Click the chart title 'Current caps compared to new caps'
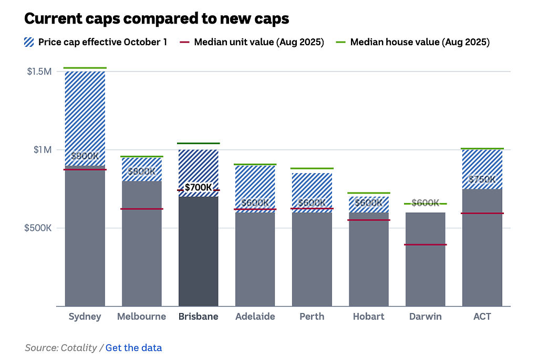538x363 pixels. pos(157,18)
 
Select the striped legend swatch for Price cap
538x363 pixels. pos(29,42)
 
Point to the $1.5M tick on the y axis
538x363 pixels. pos(39,72)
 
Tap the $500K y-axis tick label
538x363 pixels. pos(38,228)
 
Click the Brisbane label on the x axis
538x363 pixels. pos(198,316)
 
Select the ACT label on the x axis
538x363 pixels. pos(482,316)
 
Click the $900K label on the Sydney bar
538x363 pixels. pos(85,156)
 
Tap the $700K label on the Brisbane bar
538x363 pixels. pos(198,187)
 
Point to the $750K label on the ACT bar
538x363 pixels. pos(482,179)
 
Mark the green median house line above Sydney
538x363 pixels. pos(85,68)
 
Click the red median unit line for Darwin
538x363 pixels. pos(426,245)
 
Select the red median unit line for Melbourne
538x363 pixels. pos(142,209)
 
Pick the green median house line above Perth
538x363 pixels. pos(312,168)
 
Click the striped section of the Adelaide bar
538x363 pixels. pos(255,189)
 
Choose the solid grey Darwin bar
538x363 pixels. pos(426,259)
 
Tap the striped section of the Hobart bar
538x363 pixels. pos(369,205)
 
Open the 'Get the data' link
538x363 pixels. pos(133,348)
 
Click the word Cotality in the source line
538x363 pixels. pos(79,348)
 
